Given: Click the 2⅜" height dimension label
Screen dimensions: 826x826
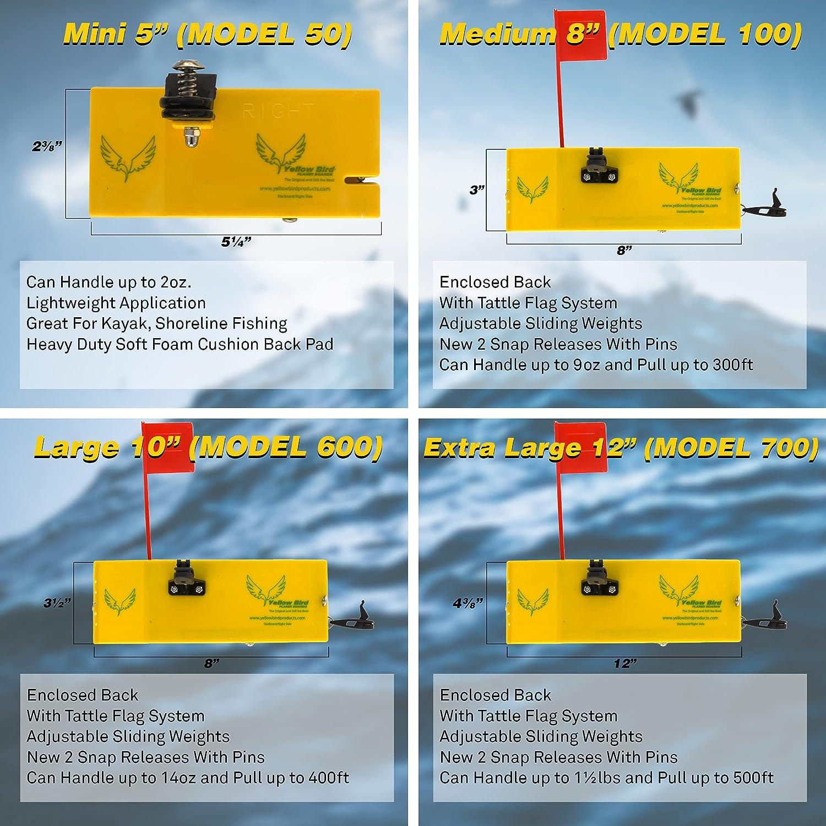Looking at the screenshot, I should (47, 146).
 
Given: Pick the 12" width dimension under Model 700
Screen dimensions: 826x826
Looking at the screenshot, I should (624, 664).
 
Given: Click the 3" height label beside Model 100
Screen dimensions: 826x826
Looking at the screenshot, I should (476, 190).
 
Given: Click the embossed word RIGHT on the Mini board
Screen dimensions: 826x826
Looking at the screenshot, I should (278, 112).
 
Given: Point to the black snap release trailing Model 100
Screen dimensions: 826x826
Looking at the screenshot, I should (774, 204).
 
